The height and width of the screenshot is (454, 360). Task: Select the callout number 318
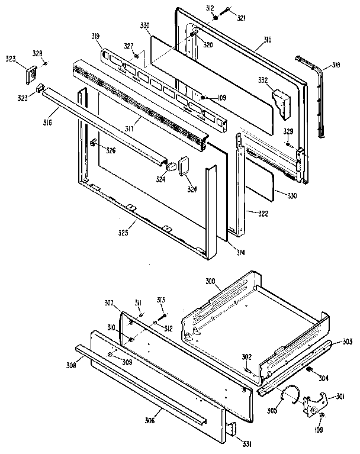[x=335, y=66]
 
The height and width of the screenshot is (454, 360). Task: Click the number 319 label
[x=95, y=37]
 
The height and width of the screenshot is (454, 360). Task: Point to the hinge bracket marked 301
[x=313, y=404]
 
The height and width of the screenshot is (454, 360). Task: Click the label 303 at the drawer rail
[x=347, y=343]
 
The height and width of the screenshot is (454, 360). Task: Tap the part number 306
[x=150, y=420]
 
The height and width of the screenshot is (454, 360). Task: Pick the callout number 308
[x=70, y=366]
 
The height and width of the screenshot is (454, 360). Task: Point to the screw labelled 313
[x=163, y=314]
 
